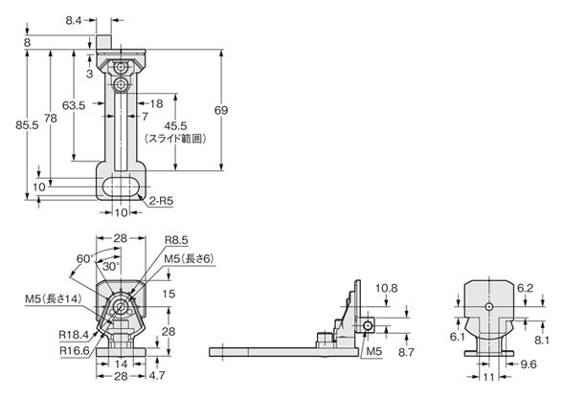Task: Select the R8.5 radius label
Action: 176,241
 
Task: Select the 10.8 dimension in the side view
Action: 387,287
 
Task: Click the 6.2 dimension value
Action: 525,287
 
